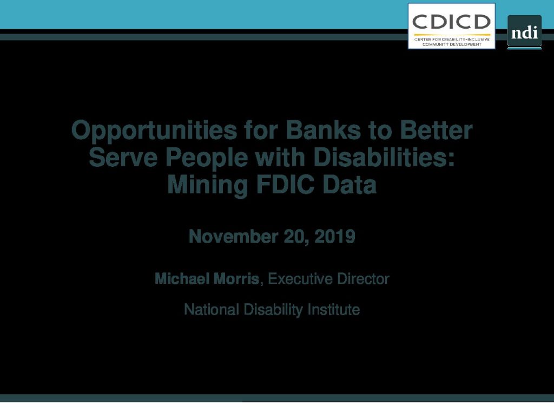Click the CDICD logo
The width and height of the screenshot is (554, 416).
(x=452, y=26)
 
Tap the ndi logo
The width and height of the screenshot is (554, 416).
(x=524, y=32)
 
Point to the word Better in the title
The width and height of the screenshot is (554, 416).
(x=436, y=130)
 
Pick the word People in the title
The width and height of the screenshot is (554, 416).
(x=207, y=158)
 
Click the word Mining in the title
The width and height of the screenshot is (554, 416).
(x=207, y=185)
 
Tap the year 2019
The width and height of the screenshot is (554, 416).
(x=334, y=236)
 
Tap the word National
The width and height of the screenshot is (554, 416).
(x=212, y=309)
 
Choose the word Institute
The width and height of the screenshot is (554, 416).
(x=333, y=309)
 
